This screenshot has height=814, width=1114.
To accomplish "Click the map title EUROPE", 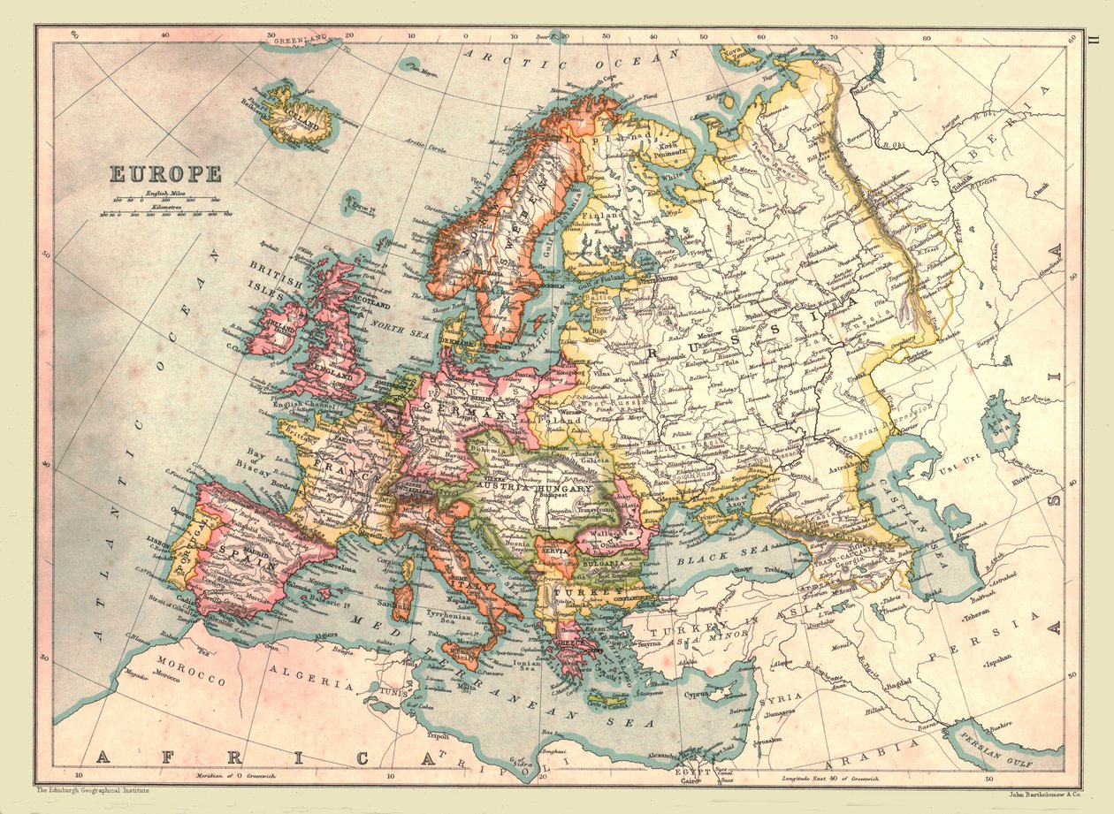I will tap(165, 174).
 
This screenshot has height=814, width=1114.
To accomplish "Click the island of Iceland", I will tap(295, 116).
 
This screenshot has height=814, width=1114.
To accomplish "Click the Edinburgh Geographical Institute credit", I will tap(92, 791).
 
